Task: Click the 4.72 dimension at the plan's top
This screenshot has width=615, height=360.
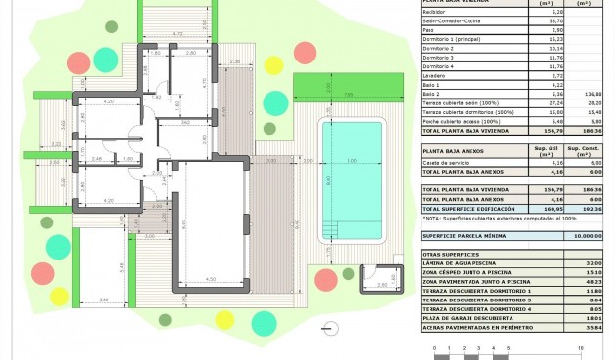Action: [178, 34]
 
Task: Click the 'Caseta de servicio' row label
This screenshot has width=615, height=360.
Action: [446, 163]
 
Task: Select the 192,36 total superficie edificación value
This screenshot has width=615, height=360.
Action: [589, 210]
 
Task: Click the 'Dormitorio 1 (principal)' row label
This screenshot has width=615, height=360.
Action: [452, 39]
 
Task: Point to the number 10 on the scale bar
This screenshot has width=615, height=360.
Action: [581, 347]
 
